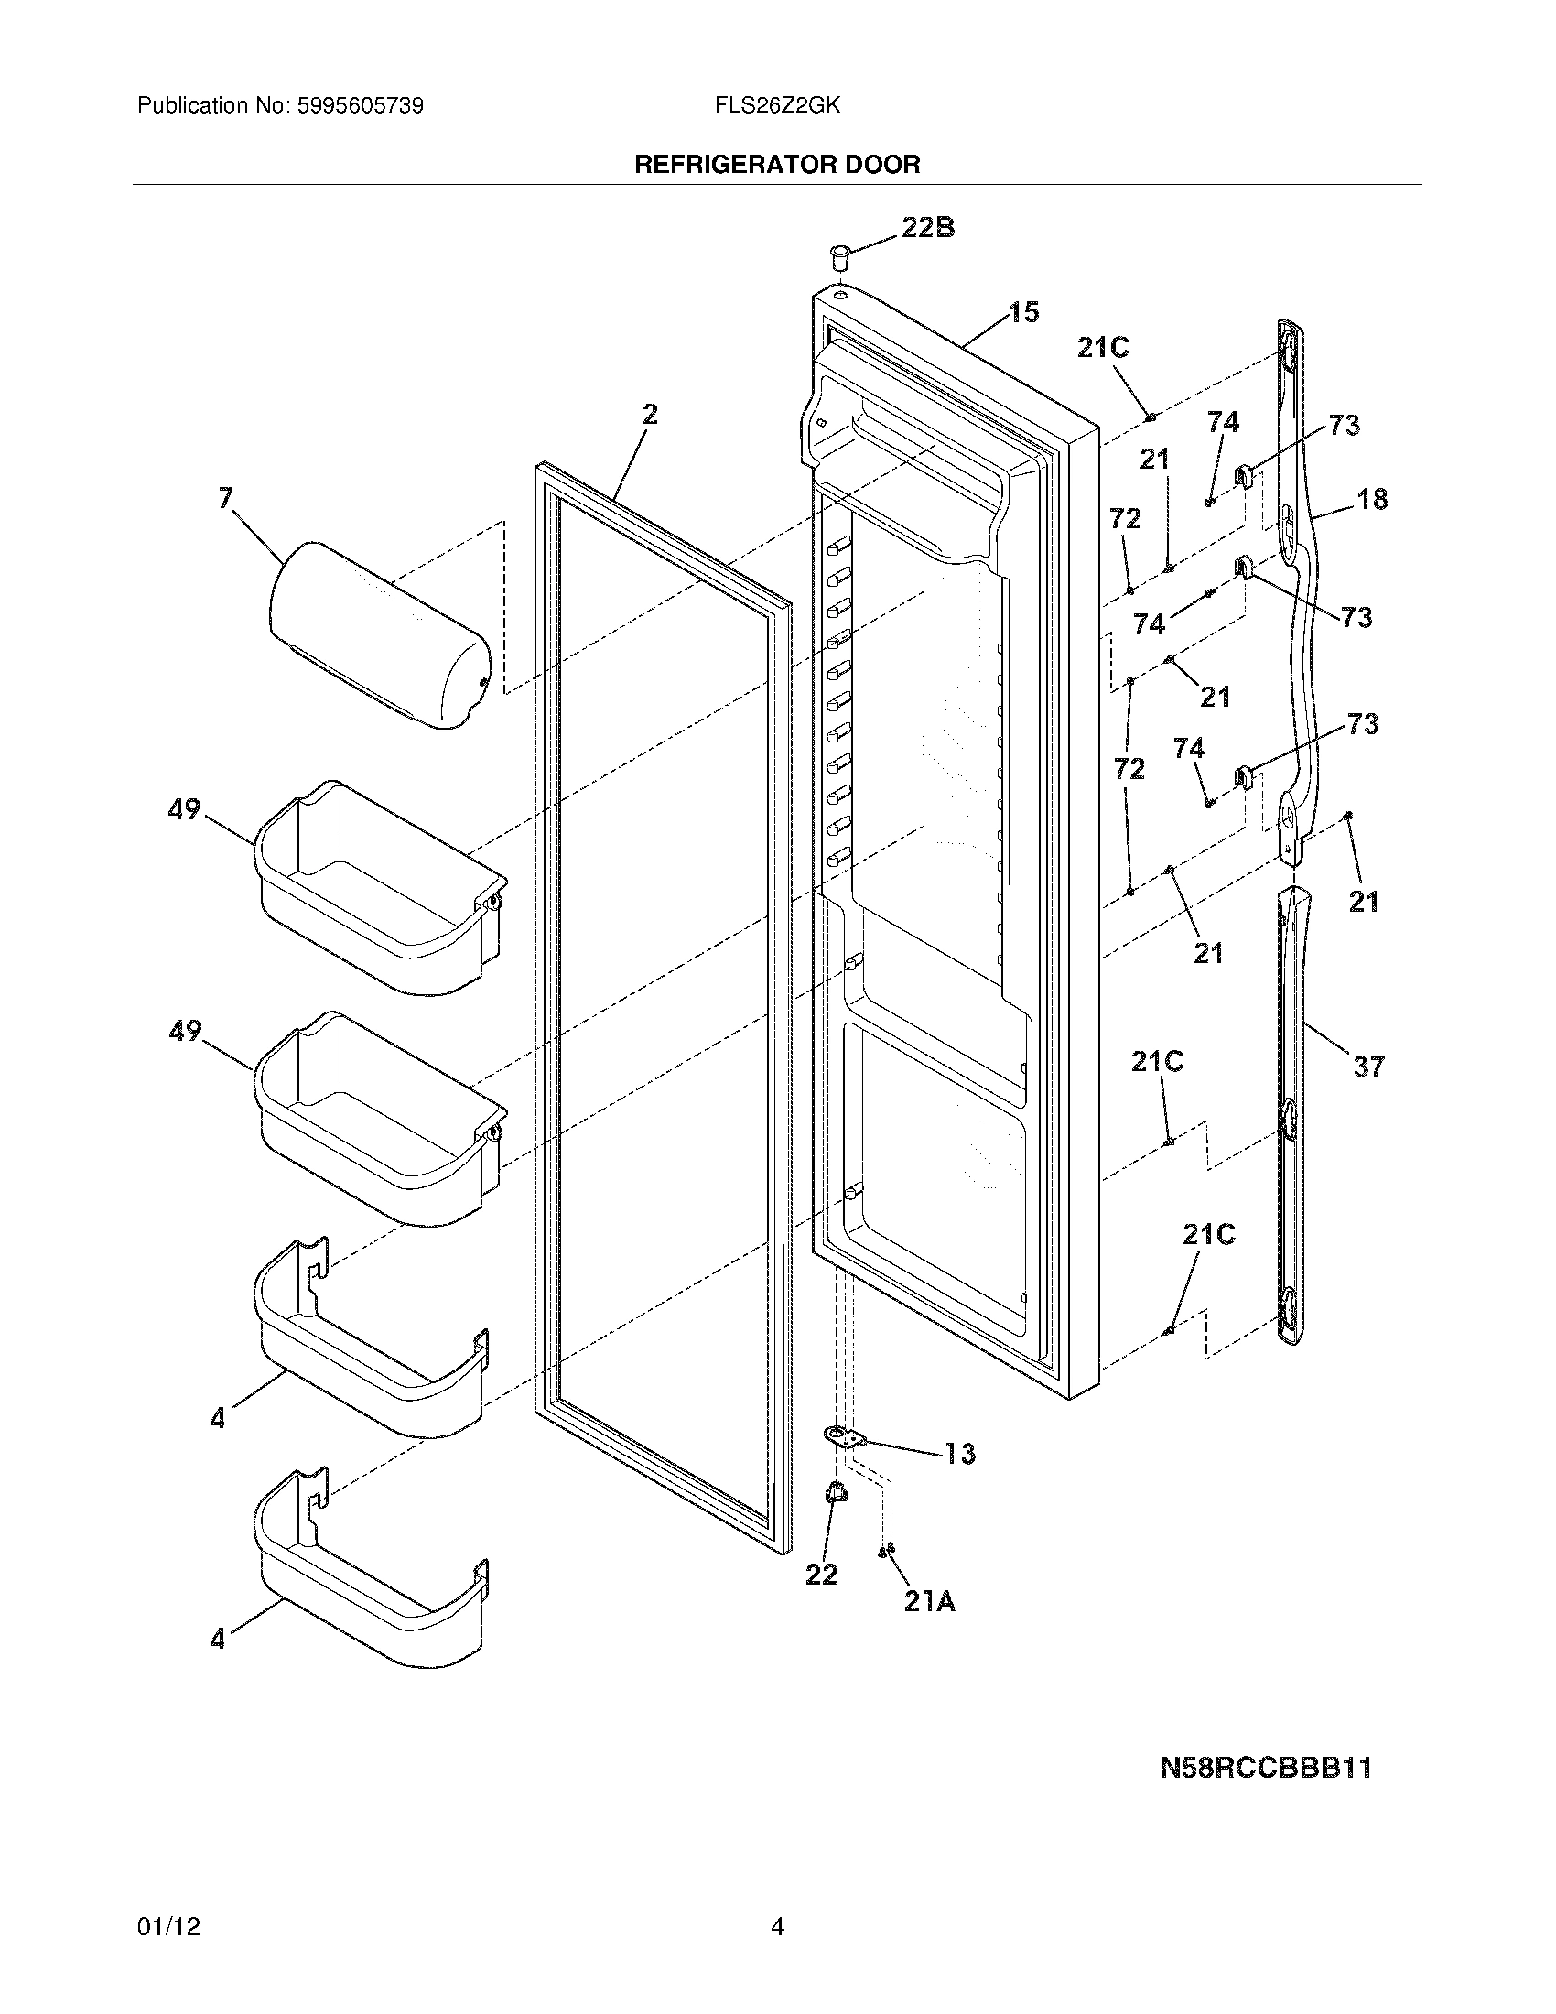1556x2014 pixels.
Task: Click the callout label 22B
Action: coord(927,227)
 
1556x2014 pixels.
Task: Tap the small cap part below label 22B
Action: coord(838,256)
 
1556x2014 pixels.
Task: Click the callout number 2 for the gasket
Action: coord(650,414)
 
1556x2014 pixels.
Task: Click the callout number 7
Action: coord(226,499)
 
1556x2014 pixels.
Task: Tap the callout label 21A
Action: coord(929,1602)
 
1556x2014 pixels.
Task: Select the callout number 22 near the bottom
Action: coord(821,1575)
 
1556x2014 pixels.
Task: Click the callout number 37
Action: coord(1368,1067)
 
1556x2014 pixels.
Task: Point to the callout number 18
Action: coord(1372,499)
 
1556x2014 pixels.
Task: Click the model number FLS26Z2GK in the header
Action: coord(776,105)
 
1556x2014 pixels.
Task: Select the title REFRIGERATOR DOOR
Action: coord(777,165)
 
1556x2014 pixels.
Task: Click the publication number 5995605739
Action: coord(360,105)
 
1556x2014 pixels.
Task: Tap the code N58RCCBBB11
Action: coord(1266,1768)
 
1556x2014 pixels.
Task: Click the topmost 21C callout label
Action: coord(1104,348)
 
